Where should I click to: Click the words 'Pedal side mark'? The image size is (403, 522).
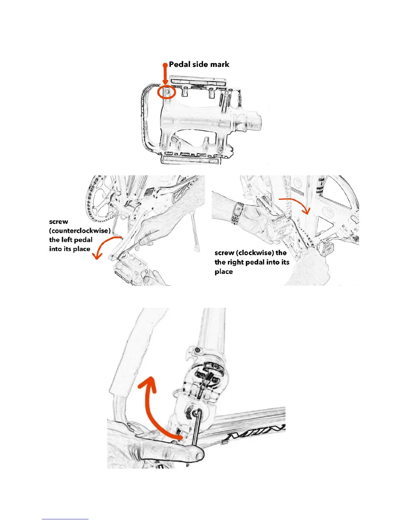tap(199, 64)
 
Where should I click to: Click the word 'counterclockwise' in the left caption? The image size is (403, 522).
tap(80, 231)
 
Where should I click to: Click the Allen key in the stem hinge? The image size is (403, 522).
tap(197, 428)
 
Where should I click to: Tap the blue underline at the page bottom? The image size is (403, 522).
tap(65, 519)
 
